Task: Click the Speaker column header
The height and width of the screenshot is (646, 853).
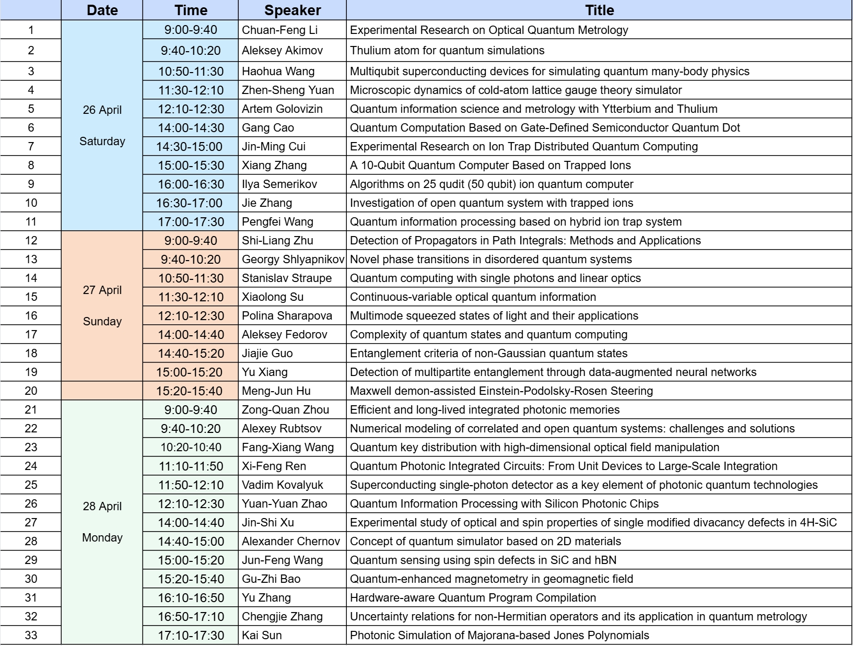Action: (x=293, y=10)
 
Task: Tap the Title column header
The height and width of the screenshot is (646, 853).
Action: (x=599, y=10)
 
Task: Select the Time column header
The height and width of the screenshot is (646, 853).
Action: (x=191, y=10)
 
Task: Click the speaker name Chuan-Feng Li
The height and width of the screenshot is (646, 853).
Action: (x=279, y=30)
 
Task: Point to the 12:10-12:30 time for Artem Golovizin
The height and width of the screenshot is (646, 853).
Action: (x=191, y=109)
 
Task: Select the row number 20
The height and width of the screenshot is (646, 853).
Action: (x=31, y=391)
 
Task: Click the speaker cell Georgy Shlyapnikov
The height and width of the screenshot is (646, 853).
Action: (x=293, y=260)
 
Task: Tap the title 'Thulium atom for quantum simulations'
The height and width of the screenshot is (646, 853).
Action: (x=447, y=51)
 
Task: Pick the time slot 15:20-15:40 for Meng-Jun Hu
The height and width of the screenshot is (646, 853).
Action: (x=191, y=391)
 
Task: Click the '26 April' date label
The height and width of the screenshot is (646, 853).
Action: (x=102, y=110)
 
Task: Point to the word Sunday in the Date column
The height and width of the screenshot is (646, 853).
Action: (x=102, y=322)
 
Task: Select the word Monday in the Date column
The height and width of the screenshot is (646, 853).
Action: (x=102, y=538)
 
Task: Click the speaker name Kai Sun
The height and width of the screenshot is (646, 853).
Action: (x=262, y=636)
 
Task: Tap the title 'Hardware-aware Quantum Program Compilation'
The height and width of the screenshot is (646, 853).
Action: (x=473, y=598)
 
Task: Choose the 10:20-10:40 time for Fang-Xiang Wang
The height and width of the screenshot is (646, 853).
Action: (x=191, y=448)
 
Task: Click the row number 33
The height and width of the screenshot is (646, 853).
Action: (x=31, y=636)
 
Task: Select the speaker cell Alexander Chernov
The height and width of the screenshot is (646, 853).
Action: (x=291, y=542)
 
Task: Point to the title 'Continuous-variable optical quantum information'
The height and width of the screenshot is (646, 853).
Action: (x=473, y=297)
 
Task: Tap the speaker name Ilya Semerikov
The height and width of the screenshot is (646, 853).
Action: (x=279, y=184)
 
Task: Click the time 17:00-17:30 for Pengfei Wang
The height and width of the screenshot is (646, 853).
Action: (x=191, y=222)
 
